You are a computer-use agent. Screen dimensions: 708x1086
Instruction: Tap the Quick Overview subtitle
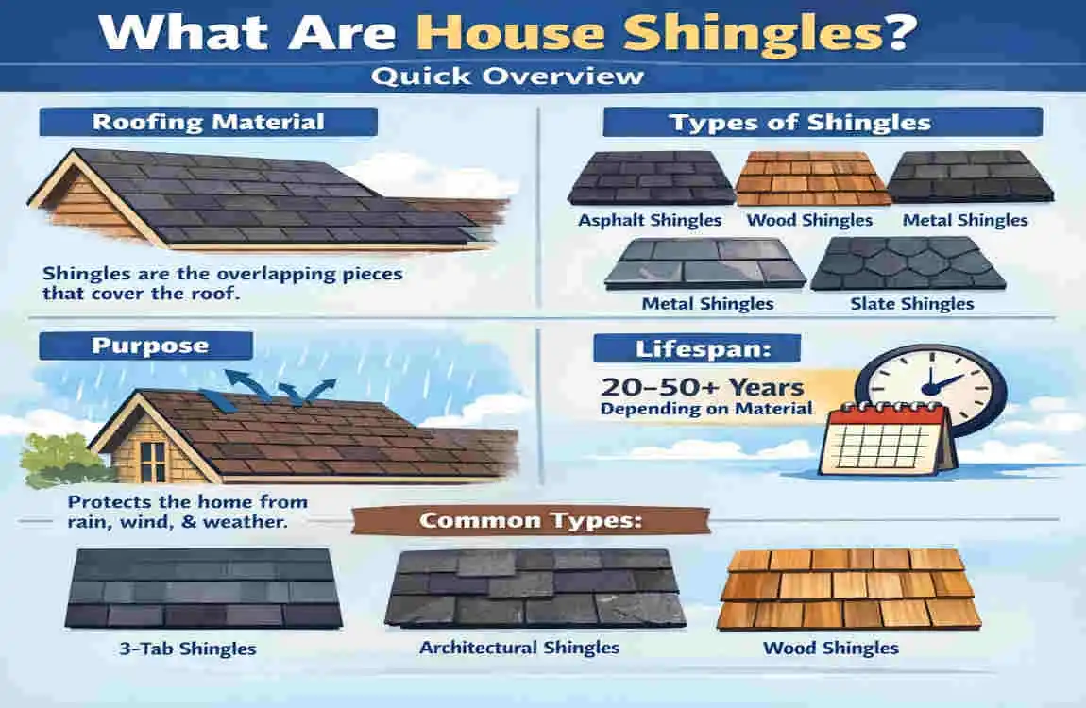tap(507, 76)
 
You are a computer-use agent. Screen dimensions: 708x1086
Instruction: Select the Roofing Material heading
tap(208, 122)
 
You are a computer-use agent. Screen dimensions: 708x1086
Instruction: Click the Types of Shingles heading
tap(799, 122)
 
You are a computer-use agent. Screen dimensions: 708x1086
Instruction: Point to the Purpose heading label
tap(144, 345)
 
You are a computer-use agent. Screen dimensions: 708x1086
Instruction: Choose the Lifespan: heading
tap(695, 348)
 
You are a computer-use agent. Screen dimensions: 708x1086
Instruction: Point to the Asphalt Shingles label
tap(651, 220)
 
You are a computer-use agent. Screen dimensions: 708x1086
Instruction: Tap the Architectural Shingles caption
tap(519, 648)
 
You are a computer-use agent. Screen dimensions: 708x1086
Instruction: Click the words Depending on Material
tap(706, 409)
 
